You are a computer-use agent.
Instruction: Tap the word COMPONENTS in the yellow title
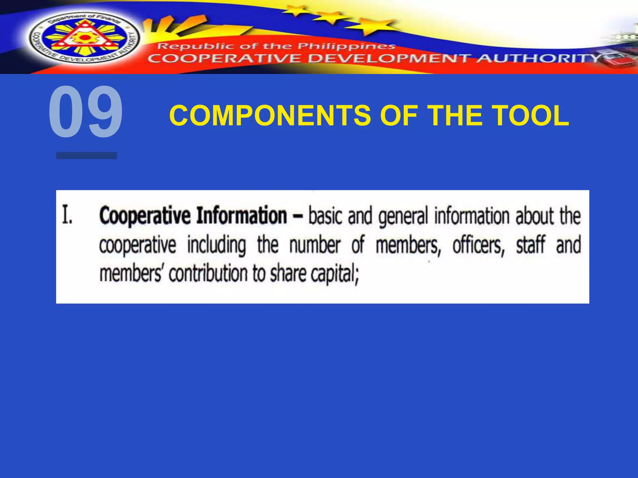[270, 115]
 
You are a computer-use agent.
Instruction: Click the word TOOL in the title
[531, 115]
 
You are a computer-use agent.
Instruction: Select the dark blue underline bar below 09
[86, 155]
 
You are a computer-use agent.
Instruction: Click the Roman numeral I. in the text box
[67, 215]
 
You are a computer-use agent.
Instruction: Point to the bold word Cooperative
[145, 216]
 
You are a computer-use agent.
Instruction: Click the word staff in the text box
[531, 245]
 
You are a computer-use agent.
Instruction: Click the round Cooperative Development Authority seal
[84, 39]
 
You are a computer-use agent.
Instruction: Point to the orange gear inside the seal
[84, 38]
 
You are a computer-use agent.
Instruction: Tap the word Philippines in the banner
[346, 47]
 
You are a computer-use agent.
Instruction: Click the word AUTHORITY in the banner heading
[539, 58]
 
